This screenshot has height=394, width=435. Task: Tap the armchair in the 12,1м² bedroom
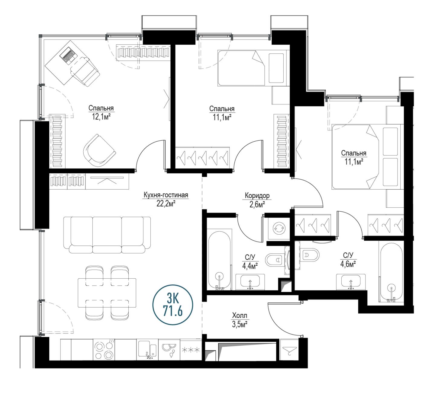pos(99,150)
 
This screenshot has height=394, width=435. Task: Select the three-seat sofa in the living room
pos(107,235)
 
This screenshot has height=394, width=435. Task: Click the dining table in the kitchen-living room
pos(107,293)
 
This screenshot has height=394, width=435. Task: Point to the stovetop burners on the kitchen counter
pos(104,350)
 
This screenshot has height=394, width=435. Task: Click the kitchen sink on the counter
pos(147,349)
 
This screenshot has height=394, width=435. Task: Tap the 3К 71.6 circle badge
pos(173,305)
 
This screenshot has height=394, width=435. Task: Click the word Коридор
pos(257,195)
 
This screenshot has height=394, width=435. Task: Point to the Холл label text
pos(240,315)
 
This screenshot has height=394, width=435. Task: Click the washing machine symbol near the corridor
pos(279,228)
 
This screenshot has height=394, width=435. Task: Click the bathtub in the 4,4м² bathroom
pos(219,260)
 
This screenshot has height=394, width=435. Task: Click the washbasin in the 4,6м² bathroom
pos(351,282)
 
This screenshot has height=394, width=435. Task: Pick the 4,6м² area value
pos(348,264)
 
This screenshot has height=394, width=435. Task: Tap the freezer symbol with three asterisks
pos(191,350)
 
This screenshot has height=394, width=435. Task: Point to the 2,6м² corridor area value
pos(257,204)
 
